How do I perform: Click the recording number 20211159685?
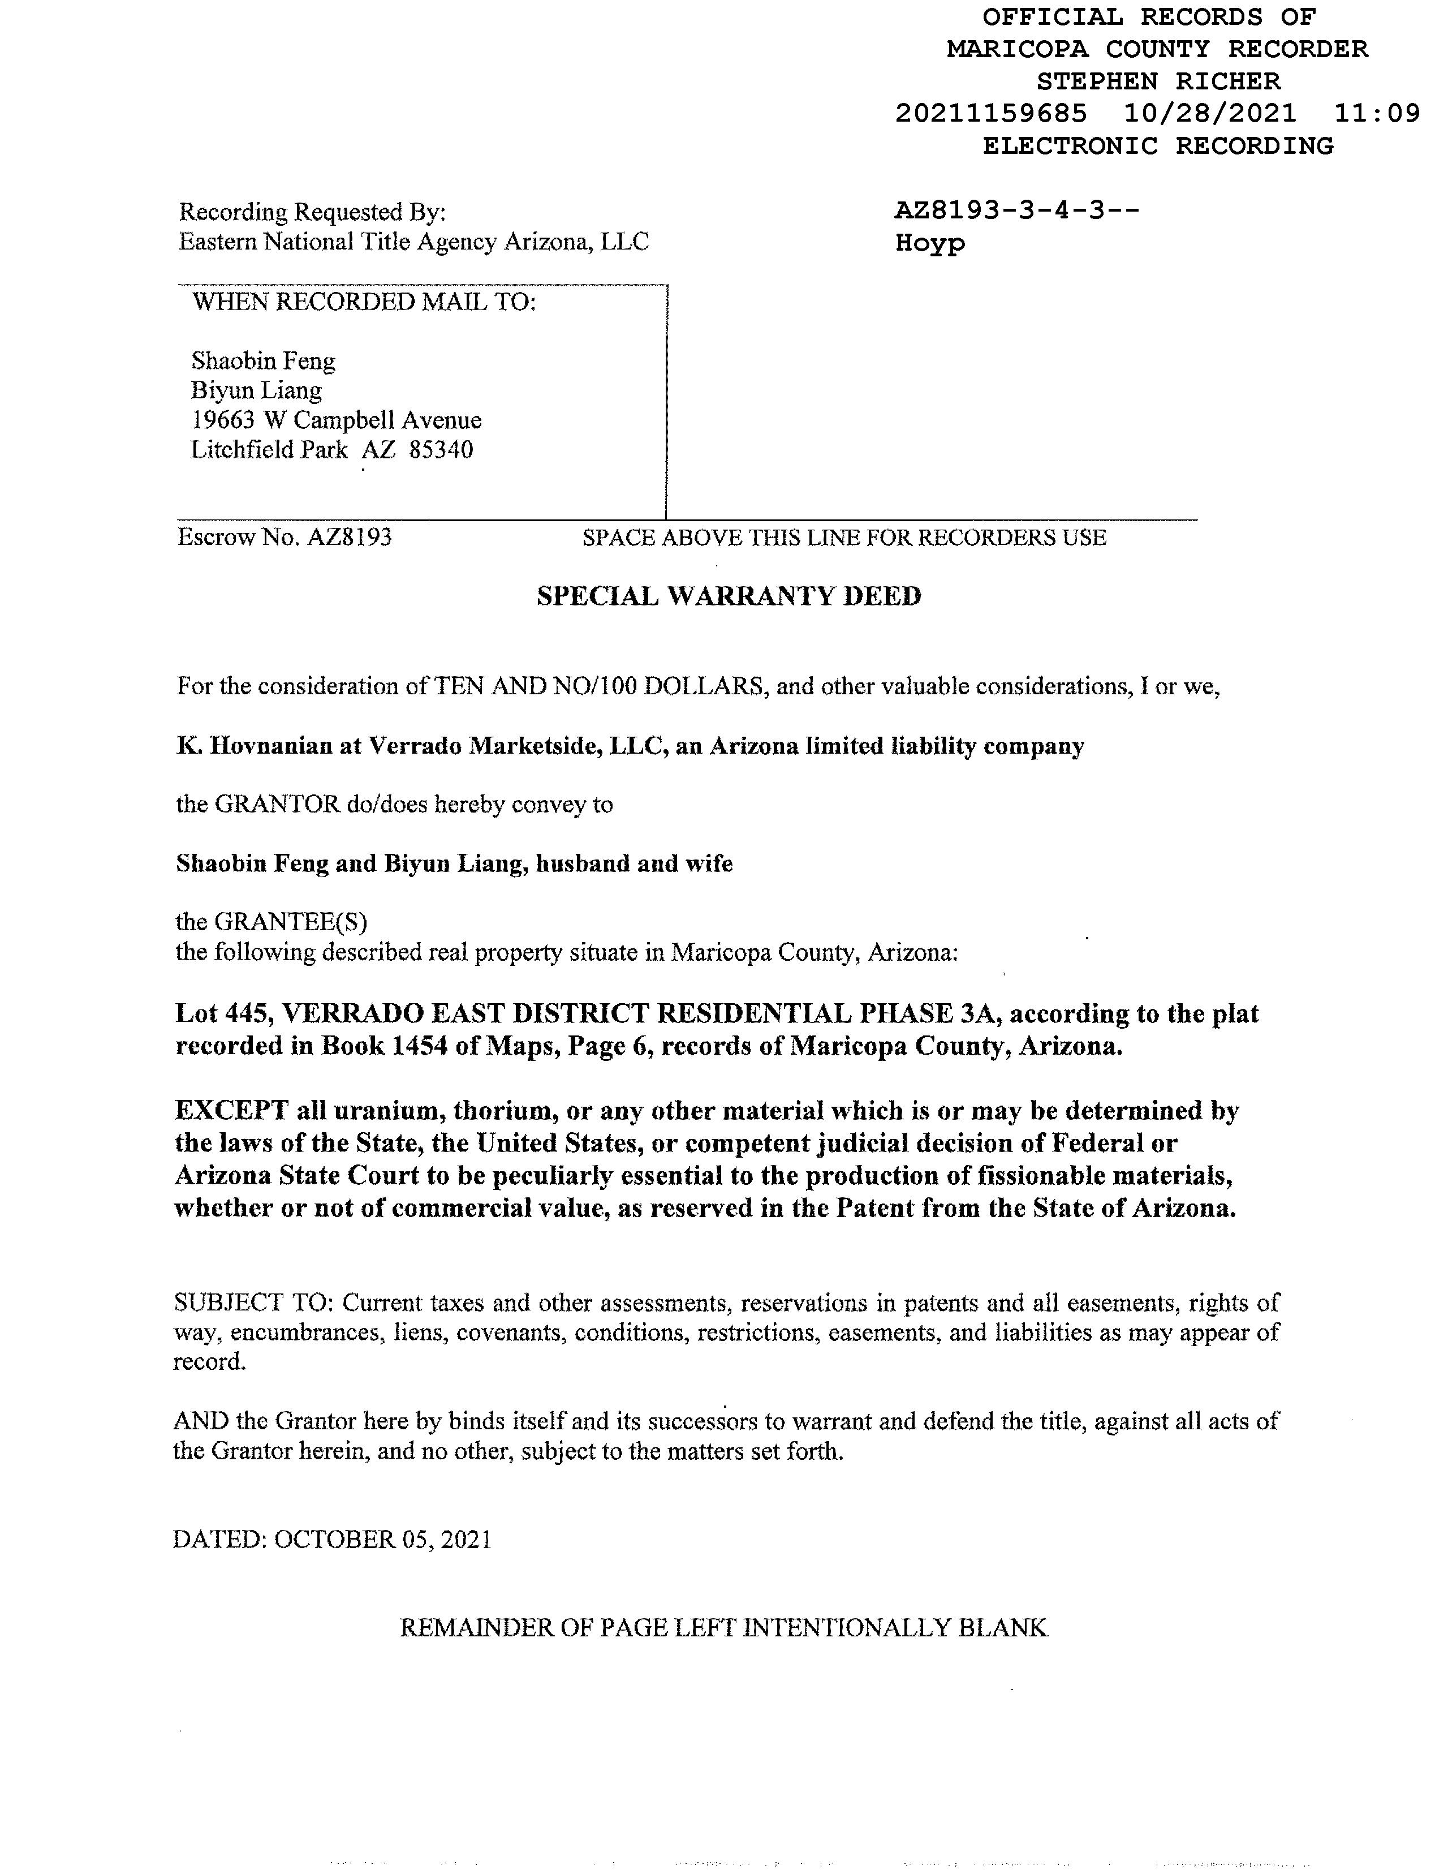pyautogui.click(x=991, y=113)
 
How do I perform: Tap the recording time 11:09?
pyautogui.click(x=1377, y=113)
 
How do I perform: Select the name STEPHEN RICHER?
pyautogui.click(x=1158, y=81)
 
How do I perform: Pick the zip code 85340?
pyautogui.click(x=441, y=450)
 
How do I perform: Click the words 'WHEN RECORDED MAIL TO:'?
pyautogui.click(x=364, y=302)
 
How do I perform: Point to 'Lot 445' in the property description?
pyautogui.click(x=223, y=1013)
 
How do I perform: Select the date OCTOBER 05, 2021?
pyautogui.click(x=382, y=1540)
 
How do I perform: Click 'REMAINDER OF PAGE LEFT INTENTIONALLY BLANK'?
pyautogui.click(x=723, y=1628)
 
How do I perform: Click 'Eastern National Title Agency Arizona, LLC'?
pyautogui.click(x=413, y=242)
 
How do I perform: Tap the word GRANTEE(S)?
pyautogui.click(x=290, y=922)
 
